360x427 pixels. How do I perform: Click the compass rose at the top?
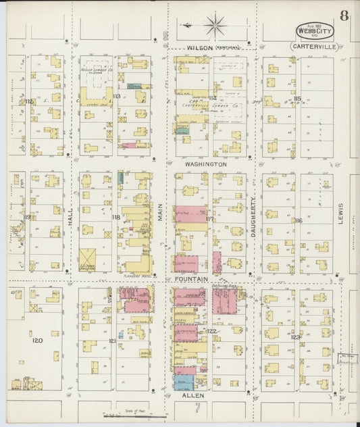(x=215, y=27)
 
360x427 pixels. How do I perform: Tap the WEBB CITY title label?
(x=314, y=31)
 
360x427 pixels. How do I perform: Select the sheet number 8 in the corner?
(x=344, y=16)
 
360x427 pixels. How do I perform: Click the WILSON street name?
(x=201, y=49)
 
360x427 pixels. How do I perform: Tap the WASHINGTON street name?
(x=205, y=164)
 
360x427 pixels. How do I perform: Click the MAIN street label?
(x=161, y=215)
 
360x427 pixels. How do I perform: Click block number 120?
(x=38, y=341)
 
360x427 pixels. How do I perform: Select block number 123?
(x=295, y=336)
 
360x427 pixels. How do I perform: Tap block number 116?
(x=298, y=221)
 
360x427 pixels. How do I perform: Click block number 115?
(x=297, y=99)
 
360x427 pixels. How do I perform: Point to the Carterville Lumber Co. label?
(x=209, y=105)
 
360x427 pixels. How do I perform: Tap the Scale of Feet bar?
(x=135, y=416)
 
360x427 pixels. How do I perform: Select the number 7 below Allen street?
(x=197, y=408)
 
